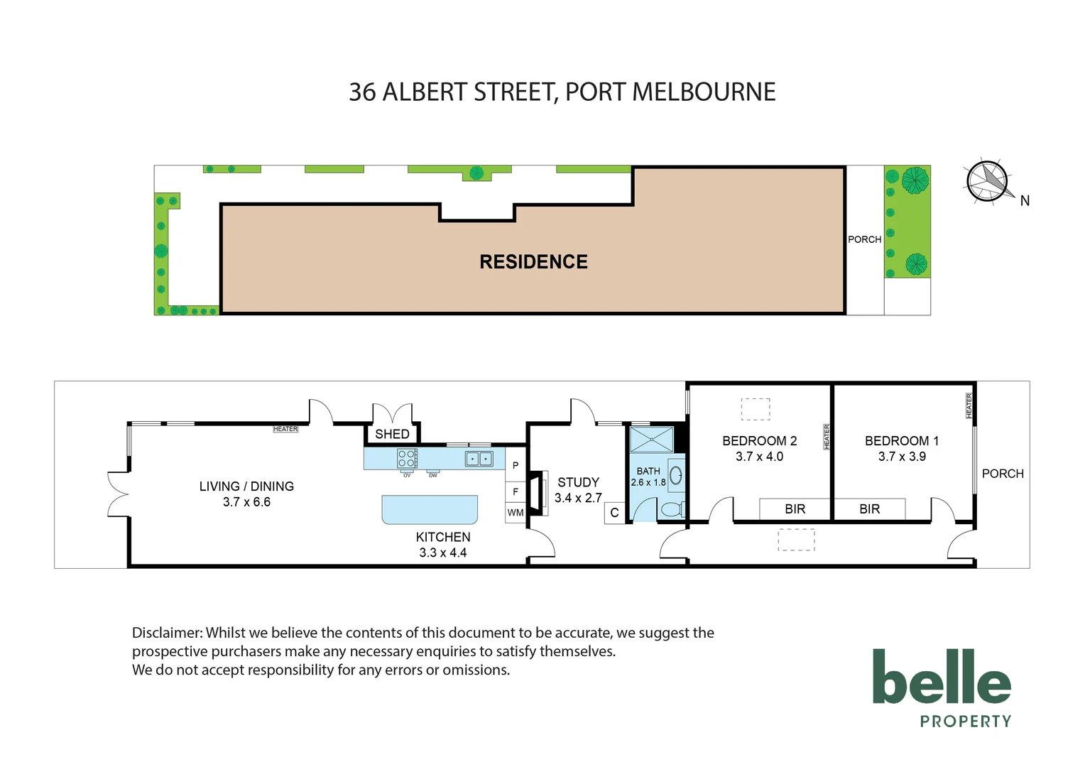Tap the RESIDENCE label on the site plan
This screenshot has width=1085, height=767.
[533, 262]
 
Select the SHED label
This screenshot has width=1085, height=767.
[392, 434]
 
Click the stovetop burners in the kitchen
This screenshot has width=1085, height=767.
[407, 458]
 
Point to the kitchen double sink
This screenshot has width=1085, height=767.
[479, 459]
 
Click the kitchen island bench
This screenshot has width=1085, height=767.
[430, 509]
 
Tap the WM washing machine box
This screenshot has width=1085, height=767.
[516, 513]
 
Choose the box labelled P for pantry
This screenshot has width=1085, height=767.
[516, 466]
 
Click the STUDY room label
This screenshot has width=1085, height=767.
[578, 482]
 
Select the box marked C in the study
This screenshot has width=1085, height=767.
[614, 513]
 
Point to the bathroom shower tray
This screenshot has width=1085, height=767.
[651, 440]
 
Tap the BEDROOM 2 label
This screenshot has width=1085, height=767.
[759, 441]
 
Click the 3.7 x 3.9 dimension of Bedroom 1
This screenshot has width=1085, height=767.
[902, 457]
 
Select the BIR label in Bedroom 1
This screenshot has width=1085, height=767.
[869, 509]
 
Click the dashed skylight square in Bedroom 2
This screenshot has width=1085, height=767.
[756, 409]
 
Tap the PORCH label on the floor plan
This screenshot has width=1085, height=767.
[1003, 474]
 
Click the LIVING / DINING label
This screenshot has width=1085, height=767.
[246, 486]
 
